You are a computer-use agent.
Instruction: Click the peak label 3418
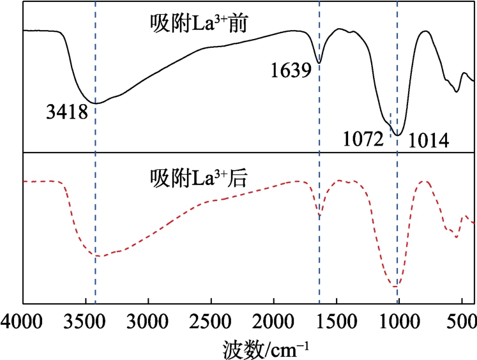(x=66, y=113)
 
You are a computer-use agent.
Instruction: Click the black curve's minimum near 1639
(x=319, y=63)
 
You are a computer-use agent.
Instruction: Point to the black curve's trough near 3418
(x=96, y=103)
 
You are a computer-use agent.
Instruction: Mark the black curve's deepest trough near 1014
(x=397, y=135)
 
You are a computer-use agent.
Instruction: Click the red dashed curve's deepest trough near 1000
(x=397, y=287)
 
